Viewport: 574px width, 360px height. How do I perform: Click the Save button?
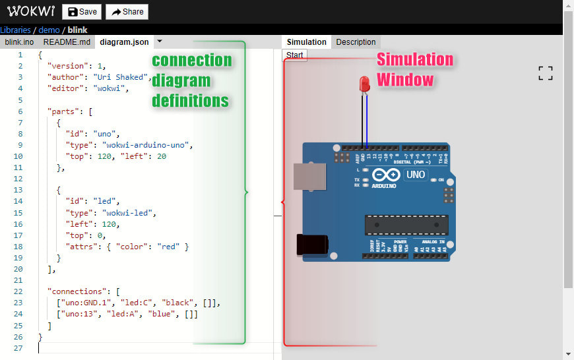click(82, 12)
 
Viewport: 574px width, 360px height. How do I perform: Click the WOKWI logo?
click(31, 11)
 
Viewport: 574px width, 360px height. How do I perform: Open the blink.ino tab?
click(19, 42)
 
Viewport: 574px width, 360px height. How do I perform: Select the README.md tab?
click(67, 42)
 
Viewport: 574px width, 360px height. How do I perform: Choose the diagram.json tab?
click(124, 42)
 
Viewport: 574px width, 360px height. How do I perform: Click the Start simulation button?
click(295, 55)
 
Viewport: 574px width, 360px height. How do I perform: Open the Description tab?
click(356, 42)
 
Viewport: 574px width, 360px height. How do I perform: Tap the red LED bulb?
click(364, 84)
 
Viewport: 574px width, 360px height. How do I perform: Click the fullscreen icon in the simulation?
click(545, 73)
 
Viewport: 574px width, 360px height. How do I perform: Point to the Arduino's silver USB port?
click(309, 177)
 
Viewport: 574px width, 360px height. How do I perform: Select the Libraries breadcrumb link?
click(15, 30)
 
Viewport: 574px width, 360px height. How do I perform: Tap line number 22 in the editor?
click(18, 291)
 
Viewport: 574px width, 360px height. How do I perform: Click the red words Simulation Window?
click(414, 70)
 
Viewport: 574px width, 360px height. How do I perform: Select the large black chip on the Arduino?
click(406, 225)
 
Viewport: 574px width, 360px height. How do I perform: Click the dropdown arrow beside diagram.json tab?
click(160, 42)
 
